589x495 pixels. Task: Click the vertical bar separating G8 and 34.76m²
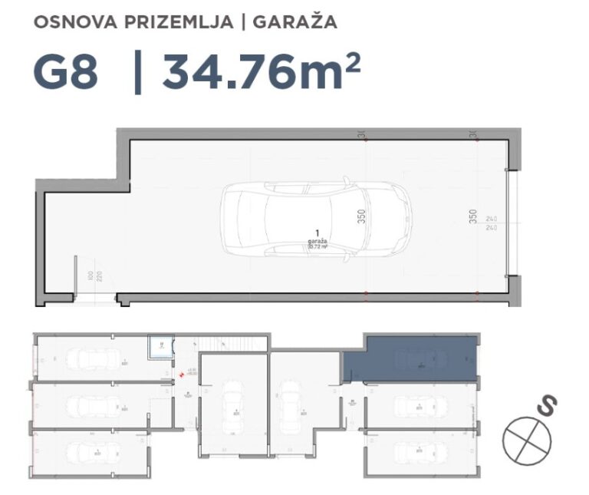[137, 73]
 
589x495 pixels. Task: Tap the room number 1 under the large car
[317, 232]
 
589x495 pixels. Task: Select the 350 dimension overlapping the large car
[360, 216]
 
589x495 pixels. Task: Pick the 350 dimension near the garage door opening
[473, 216]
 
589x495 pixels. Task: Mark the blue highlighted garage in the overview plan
[410, 359]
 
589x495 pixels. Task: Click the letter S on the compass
[547, 406]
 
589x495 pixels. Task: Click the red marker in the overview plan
[181, 375]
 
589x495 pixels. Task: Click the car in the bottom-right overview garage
[418, 450]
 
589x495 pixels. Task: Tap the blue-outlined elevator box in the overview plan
[159, 347]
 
